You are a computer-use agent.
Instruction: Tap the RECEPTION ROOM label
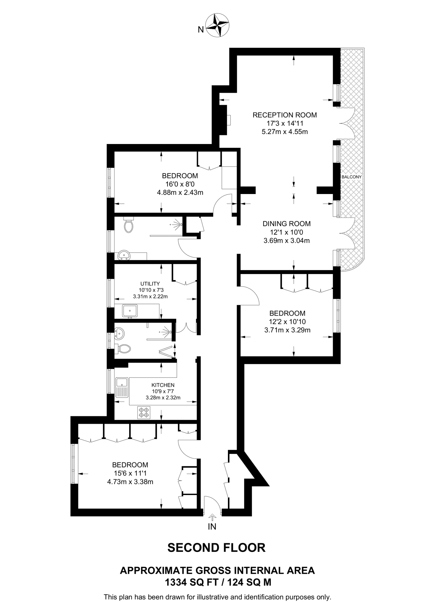pos(284,115)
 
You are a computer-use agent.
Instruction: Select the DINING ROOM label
pos(286,224)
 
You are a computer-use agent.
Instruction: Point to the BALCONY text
pos(351,177)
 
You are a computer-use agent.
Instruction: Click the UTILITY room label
pos(150,284)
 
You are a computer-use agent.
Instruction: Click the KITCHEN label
pos(163,385)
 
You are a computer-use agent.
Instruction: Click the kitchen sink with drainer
pos(122,387)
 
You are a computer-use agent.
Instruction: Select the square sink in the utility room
pos(130,311)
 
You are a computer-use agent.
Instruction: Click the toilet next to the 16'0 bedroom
pos(129,225)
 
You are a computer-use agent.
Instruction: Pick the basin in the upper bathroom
pos(125,255)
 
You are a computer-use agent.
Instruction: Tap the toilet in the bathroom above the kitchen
pos(124,349)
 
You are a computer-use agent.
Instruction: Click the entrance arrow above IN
pos(212,516)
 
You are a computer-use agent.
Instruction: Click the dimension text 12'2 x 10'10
pos(287,322)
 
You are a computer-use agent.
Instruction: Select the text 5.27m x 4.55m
pos(284,132)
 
